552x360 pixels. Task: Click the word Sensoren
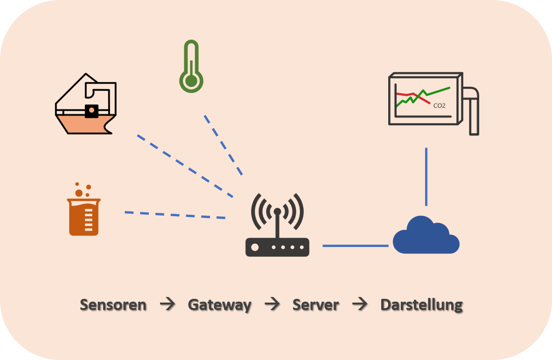coord(113,305)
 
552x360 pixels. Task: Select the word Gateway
coord(219,305)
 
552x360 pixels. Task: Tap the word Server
coord(315,305)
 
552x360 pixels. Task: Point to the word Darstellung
coord(421,305)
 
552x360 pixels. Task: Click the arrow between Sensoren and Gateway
coord(167,305)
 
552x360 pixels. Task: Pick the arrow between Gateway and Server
coord(272,305)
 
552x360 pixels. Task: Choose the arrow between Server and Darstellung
coord(360,305)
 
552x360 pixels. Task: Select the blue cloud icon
coord(426,236)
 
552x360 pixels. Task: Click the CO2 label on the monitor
coord(439,106)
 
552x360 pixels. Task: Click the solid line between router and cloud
coord(356,246)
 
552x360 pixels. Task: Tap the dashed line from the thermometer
coord(223,145)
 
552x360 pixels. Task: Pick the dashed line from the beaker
coord(175,215)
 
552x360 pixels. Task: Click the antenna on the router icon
coord(277,224)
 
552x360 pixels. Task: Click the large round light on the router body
coord(255,247)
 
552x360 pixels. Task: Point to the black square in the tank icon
coord(91,111)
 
